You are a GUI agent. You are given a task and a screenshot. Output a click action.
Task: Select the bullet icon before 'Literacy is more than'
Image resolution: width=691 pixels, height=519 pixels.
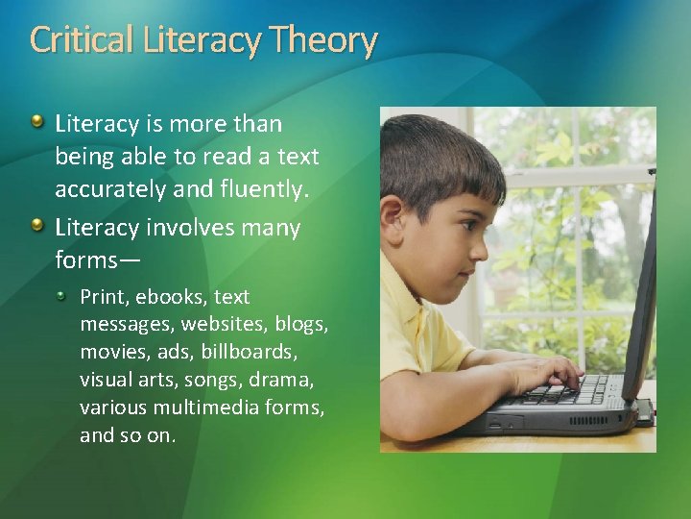(x=36, y=122)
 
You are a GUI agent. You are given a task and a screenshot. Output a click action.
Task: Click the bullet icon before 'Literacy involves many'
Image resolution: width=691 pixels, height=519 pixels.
(x=36, y=226)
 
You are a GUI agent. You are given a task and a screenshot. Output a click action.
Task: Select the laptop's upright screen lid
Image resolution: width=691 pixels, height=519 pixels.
(x=640, y=288)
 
